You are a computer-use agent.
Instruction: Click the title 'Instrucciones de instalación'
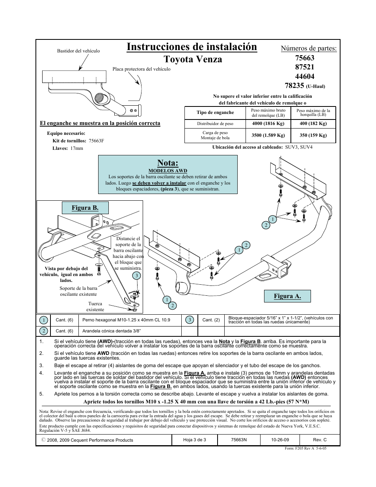tap(192, 47)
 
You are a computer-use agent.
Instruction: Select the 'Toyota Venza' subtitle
tap(193, 60)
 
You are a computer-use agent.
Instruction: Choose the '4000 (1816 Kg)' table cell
tap(268, 123)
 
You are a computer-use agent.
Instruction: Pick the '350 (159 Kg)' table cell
tap(313, 135)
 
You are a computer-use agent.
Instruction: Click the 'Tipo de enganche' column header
tap(215, 113)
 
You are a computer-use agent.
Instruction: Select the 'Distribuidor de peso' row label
tap(215, 123)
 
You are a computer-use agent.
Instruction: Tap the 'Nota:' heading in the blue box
tap(168, 163)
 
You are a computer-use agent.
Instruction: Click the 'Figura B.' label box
tap(85, 208)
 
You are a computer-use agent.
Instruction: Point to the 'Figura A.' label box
tap(287, 296)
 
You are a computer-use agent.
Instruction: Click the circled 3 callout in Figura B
tap(136, 276)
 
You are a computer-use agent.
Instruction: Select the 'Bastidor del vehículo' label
tap(78, 51)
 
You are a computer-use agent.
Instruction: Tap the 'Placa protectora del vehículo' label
tap(141, 69)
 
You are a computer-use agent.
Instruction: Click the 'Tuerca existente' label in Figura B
tap(95, 306)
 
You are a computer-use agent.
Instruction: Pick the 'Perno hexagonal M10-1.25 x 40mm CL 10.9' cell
tap(126, 320)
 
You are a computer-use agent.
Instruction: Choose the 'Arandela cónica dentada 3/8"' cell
tap(112, 331)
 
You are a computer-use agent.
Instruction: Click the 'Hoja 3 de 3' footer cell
tap(195, 440)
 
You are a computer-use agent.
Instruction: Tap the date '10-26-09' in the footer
tap(280, 440)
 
